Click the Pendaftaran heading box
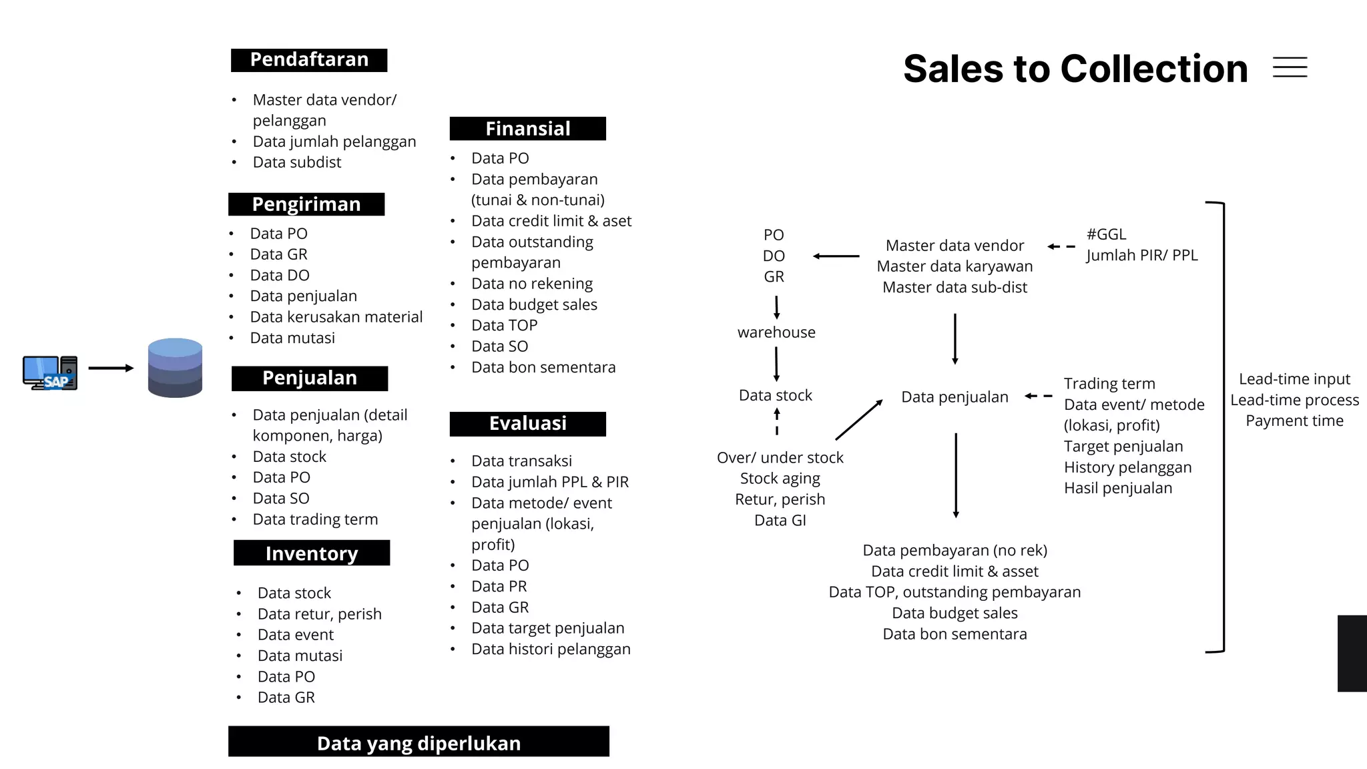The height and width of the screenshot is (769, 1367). coord(309,60)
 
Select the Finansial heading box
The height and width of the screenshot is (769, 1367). coord(527,128)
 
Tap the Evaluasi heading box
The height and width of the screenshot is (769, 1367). coord(527,423)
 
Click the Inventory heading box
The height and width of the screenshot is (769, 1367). coord(312,553)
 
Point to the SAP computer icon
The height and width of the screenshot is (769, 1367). coord(49,372)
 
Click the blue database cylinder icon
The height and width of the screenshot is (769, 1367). coord(175,368)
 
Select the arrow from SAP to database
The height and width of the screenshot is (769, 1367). coord(111,368)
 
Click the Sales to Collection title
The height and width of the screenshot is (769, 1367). coord(1075,69)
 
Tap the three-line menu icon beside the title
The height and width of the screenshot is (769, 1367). coord(1290,67)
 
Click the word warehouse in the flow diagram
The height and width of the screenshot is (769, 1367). coord(776,332)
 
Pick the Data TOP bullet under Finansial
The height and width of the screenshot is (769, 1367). coord(504,325)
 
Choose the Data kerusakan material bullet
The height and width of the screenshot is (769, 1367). coord(336,317)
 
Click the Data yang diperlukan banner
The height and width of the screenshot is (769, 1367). coord(419,742)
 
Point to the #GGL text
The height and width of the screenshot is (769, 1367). coord(1106,234)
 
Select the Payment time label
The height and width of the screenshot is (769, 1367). coord(1294,421)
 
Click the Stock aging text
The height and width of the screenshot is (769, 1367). coord(780,479)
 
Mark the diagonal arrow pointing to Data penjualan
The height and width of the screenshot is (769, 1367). coord(859,419)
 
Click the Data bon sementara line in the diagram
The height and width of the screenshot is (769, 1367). coord(954,633)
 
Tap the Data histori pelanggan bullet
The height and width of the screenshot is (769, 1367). coord(551,649)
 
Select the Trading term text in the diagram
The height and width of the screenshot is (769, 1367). coord(1109,384)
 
